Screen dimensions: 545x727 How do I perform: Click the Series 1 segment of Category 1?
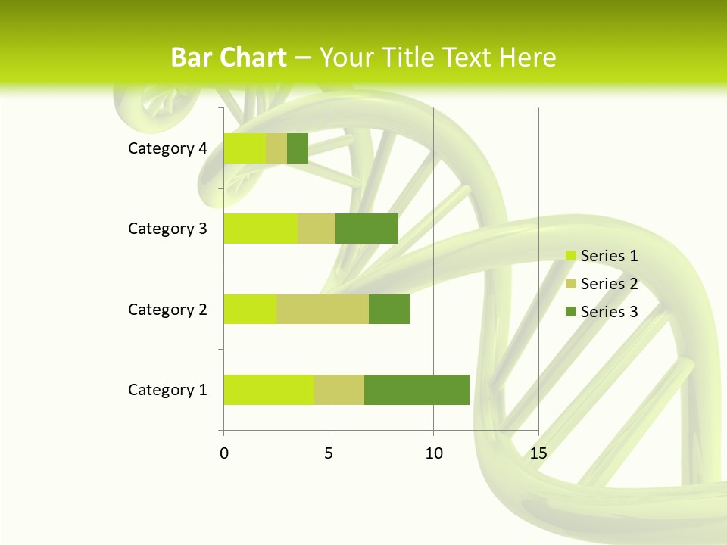pos(268,390)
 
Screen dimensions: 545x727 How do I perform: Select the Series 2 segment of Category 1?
pos(339,390)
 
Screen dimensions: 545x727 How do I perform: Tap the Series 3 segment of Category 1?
pos(417,390)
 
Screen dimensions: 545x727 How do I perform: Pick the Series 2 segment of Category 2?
pos(322,309)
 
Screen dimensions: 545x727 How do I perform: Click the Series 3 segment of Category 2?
pos(389,309)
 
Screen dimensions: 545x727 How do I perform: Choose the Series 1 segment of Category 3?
pos(260,229)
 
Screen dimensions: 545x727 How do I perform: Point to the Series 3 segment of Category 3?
pos(367,229)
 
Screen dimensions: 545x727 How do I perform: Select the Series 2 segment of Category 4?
pos(276,148)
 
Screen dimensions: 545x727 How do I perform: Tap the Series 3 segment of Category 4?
pos(297,148)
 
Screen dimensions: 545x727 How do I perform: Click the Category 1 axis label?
pos(167,390)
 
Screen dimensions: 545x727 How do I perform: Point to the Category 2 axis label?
pos(167,309)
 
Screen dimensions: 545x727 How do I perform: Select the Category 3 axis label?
pos(167,229)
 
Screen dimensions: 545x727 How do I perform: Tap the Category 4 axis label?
pos(167,148)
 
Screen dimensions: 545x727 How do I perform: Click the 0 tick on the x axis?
pos(223,453)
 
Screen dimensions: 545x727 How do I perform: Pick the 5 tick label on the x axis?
pos(329,453)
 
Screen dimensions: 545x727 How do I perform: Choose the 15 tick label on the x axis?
pos(538,453)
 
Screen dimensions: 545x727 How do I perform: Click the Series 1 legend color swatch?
pos(570,256)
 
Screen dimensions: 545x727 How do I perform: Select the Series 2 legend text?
pos(609,284)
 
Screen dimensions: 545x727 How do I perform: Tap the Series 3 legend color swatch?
pos(570,312)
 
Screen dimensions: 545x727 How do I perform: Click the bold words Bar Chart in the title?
pos(229,58)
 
